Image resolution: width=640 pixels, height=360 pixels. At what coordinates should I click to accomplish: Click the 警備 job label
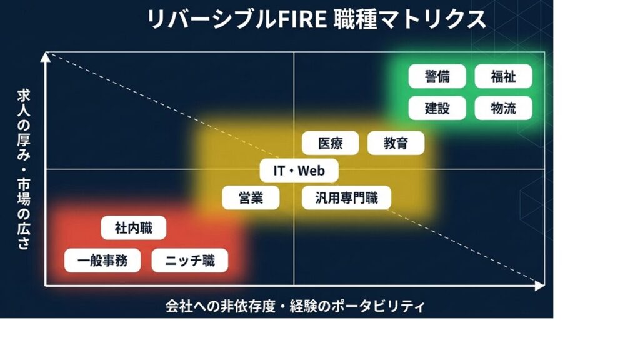[x=437, y=76]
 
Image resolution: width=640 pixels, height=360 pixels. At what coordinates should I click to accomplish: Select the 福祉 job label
[x=503, y=76]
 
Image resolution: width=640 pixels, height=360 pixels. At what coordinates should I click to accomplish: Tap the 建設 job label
[x=437, y=107]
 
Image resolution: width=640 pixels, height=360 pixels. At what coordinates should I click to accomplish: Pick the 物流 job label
[x=503, y=107]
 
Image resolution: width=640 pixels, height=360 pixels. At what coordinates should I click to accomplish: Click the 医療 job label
[x=331, y=143]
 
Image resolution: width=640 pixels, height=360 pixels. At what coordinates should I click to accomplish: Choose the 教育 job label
[x=396, y=143]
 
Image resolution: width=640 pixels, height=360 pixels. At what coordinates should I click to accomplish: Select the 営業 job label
[x=251, y=198]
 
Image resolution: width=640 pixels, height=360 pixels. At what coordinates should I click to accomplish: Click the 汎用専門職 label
[x=346, y=198]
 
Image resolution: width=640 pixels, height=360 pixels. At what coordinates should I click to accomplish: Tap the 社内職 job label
[x=134, y=228]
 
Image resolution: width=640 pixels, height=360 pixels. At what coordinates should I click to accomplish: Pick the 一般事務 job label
[x=102, y=261]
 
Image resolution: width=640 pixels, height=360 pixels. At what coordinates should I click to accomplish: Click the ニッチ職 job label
[x=189, y=261]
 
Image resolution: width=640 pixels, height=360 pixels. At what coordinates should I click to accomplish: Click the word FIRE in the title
[x=296, y=19]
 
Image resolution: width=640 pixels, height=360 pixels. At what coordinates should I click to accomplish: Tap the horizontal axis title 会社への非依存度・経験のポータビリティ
[x=295, y=306]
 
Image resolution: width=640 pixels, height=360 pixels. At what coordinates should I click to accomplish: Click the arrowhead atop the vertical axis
[x=45, y=57]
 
